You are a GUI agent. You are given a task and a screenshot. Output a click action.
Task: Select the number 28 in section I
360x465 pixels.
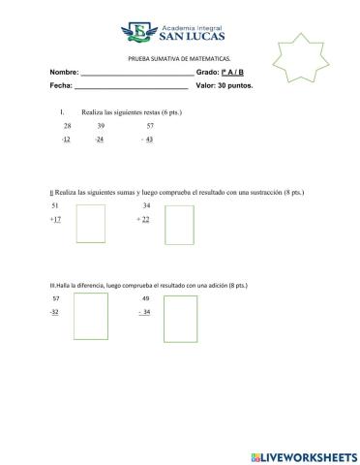tap(67, 127)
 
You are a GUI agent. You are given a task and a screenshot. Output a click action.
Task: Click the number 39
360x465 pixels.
tap(101, 127)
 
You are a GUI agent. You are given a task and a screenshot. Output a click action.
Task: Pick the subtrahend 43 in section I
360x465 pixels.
tap(149, 139)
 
